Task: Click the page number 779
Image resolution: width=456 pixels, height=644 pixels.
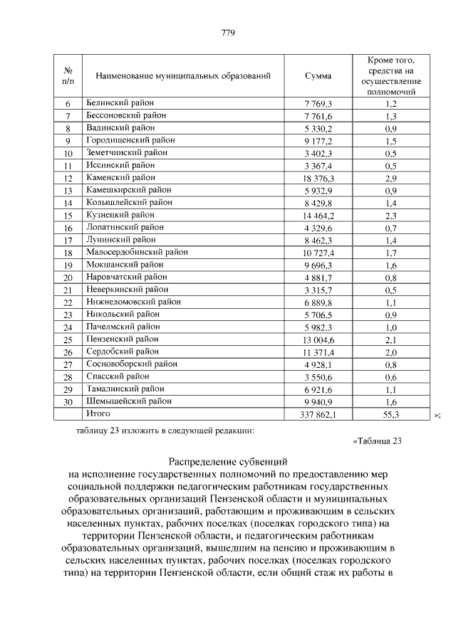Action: [x=228, y=33]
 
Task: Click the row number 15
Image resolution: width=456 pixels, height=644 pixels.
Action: [x=68, y=215]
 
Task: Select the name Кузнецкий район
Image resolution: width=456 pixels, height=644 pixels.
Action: [x=120, y=214]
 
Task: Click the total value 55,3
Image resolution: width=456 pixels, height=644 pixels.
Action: [x=391, y=413]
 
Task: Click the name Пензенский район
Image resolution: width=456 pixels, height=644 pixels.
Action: [x=122, y=339]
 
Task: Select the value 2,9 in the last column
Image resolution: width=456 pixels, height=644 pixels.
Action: [x=391, y=177]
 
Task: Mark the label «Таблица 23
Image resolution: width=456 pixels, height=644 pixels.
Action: [x=378, y=440]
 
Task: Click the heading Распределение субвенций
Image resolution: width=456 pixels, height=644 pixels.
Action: [x=228, y=461]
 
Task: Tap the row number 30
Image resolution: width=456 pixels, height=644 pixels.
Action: [x=68, y=401]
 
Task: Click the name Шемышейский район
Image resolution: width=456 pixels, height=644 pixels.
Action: [x=128, y=401]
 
